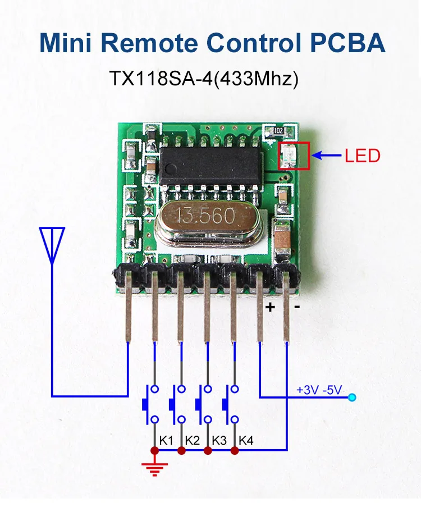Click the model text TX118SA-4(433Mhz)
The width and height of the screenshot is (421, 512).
click(x=203, y=77)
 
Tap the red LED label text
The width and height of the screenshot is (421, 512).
click(x=362, y=156)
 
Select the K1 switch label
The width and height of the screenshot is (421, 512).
click(x=166, y=440)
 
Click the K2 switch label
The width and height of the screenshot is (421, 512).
click(x=193, y=440)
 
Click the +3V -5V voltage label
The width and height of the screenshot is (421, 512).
click(x=319, y=390)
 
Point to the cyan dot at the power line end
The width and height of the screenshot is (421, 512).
click(x=352, y=398)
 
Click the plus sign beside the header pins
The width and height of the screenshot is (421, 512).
click(x=270, y=307)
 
